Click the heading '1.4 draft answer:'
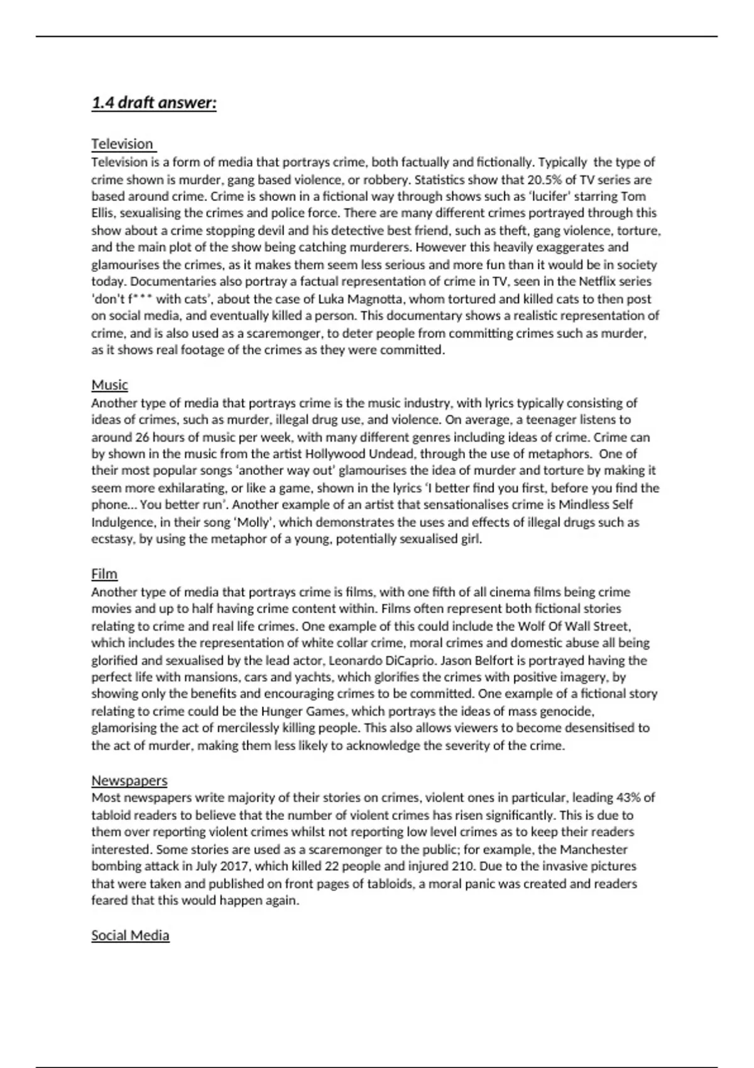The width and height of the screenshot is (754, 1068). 154,102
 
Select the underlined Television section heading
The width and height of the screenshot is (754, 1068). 123,144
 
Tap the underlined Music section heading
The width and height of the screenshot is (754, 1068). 109,384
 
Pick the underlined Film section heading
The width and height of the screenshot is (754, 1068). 104,574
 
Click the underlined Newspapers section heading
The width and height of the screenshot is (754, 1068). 129,780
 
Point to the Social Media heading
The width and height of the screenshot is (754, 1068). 130,935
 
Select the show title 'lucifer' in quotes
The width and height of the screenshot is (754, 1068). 550,196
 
